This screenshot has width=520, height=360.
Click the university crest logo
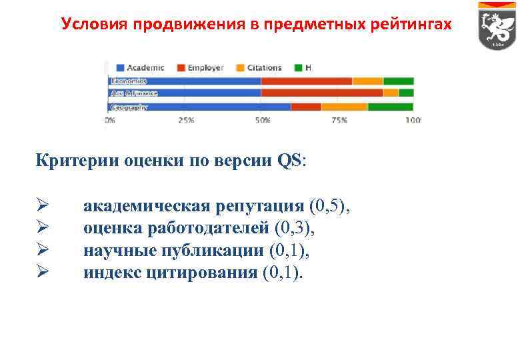[495, 27]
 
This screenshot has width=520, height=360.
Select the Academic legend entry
[141, 67]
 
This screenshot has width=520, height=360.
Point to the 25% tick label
[185, 121]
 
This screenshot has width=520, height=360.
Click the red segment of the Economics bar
[307, 81]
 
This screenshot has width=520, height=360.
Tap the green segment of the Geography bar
[391, 107]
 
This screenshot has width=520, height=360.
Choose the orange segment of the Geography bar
[344, 107]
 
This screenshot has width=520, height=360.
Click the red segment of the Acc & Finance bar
[322, 93]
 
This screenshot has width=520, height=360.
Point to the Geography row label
[129, 107]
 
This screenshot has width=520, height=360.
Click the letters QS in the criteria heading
[289, 161]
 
